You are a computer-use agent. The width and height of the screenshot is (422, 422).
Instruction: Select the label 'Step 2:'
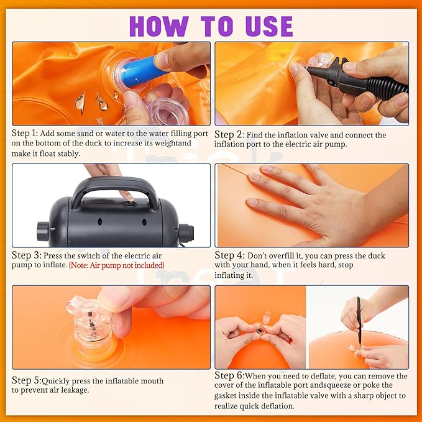pos(229,135)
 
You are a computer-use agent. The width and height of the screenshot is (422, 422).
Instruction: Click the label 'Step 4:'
pos(229,255)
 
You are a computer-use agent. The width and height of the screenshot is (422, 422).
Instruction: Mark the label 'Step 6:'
pos(229,376)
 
